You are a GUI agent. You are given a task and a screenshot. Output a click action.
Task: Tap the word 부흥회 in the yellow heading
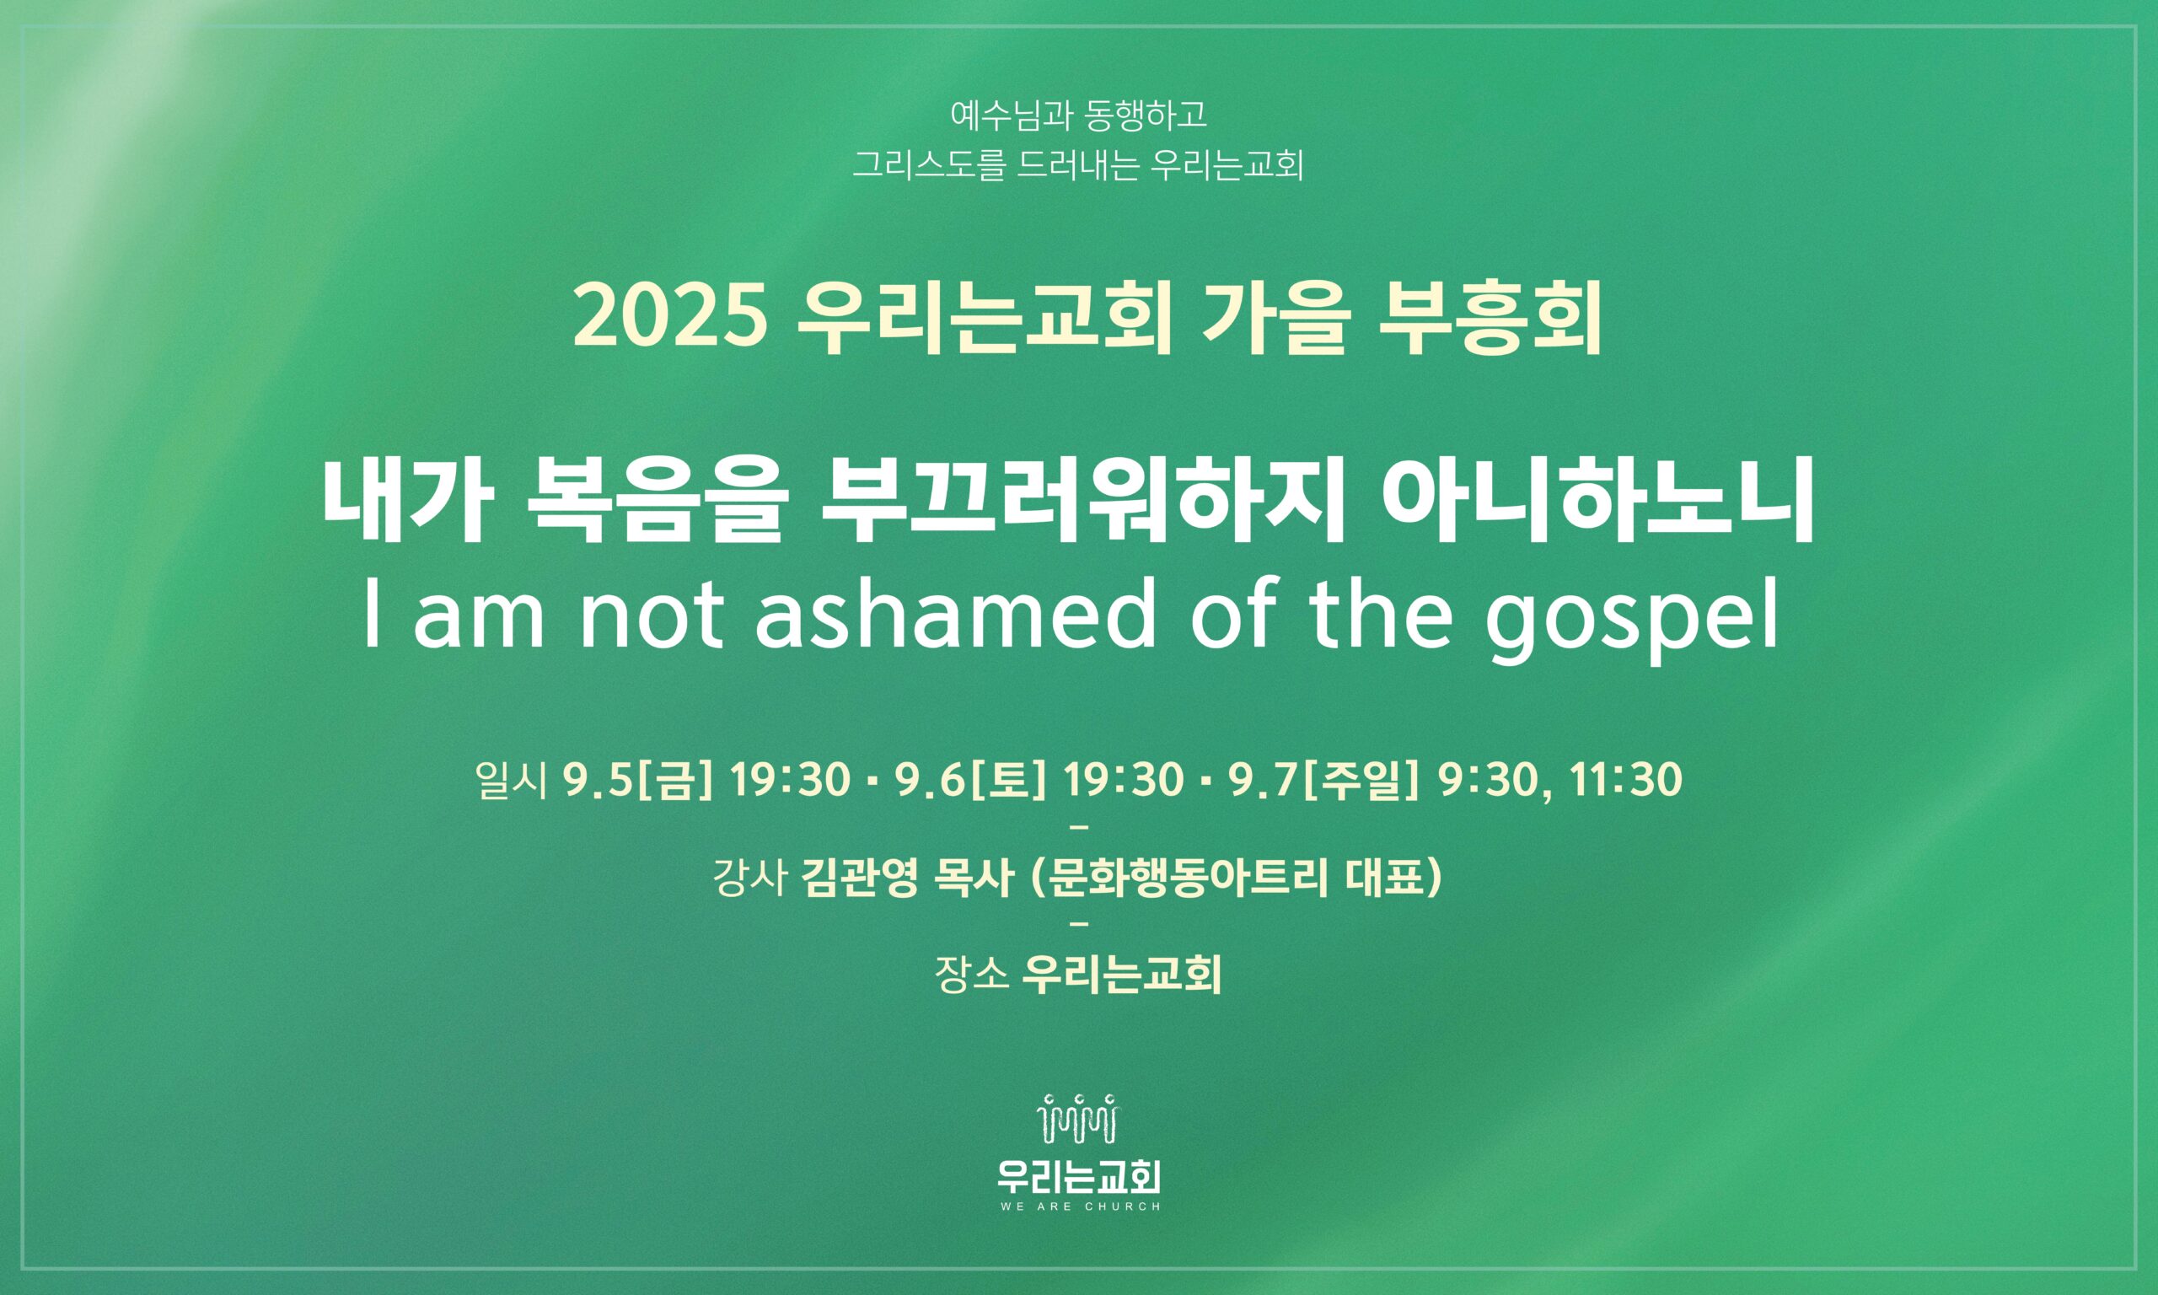pyautogui.click(x=1491, y=320)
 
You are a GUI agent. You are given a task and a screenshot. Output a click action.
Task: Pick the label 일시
pyautogui.click(x=512, y=781)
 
